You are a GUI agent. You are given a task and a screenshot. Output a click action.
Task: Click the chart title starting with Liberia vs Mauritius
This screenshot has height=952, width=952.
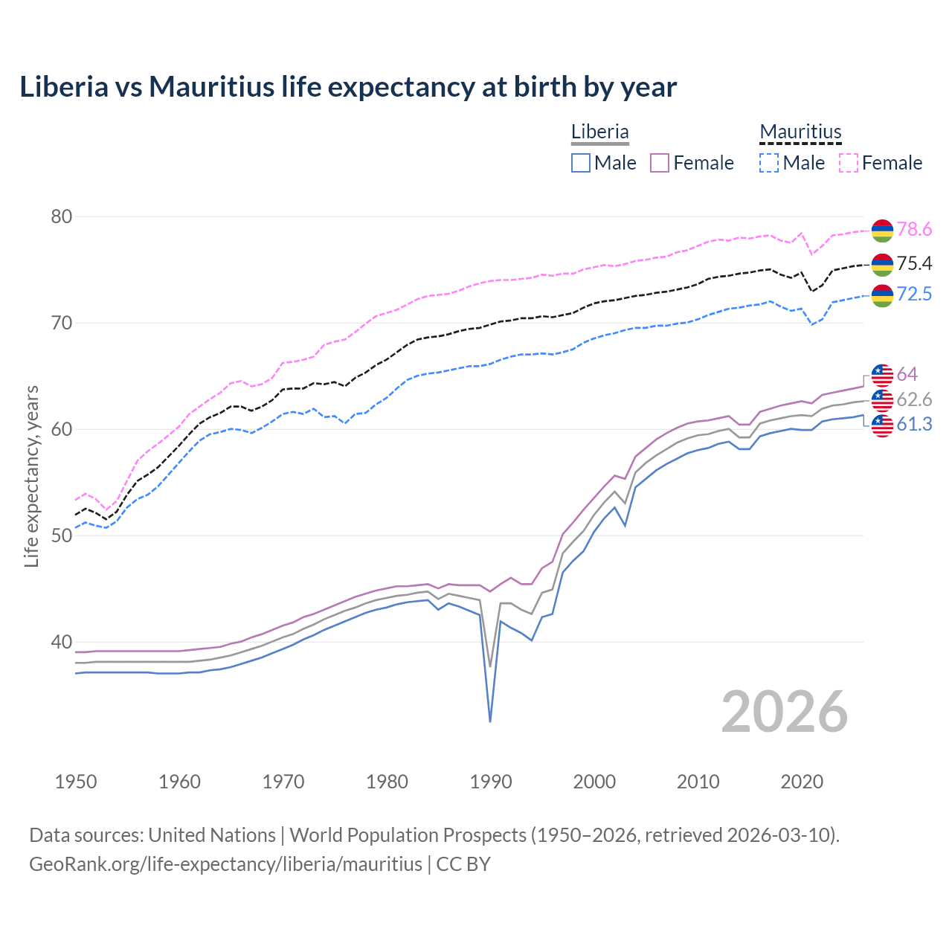click(x=348, y=87)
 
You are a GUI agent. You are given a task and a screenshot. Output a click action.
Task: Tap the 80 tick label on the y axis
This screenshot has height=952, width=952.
click(x=61, y=216)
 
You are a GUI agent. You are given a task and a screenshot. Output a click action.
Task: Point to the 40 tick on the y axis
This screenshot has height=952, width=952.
click(x=61, y=642)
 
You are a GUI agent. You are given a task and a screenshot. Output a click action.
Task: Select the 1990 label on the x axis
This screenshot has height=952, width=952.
click(x=491, y=782)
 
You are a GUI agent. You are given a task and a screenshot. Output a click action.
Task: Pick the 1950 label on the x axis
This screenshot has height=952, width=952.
click(x=76, y=782)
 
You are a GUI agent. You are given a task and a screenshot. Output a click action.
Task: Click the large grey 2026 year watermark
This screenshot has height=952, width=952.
click(x=785, y=712)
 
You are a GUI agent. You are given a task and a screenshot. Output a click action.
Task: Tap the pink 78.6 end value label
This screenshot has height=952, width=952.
click(x=914, y=230)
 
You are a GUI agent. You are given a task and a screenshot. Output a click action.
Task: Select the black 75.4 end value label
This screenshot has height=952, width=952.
click(x=914, y=263)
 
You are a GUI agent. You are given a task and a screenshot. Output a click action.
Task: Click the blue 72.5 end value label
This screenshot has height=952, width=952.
click(x=914, y=294)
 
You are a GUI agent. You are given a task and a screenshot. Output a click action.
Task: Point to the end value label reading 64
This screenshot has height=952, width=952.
click(x=907, y=374)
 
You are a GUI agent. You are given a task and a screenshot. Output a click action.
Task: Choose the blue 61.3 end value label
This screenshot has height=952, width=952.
click(x=914, y=425)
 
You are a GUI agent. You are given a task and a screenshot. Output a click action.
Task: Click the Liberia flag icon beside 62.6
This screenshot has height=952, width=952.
click(x=882, y=400)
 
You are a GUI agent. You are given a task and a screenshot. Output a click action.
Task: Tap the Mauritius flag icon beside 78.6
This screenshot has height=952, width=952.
click(x=882, y=231)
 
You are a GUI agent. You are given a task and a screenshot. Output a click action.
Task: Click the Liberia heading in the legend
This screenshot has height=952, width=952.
click(x=599, y=132)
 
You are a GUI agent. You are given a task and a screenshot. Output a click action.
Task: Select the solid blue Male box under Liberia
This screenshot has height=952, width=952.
click(x=581, y=163)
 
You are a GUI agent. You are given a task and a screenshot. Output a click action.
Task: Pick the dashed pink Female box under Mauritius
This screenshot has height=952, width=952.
click(x=849, y=163)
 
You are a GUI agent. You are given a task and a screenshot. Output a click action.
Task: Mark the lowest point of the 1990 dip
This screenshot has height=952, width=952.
click(x=490, y=721)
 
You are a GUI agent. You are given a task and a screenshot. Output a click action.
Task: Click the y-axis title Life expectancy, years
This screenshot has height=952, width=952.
click(x=32, y=476)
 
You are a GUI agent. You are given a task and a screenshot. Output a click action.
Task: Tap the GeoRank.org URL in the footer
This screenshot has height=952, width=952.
click(x=225, y=864)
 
